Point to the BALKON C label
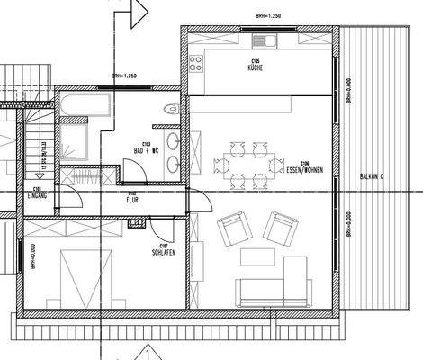click(x=371, y=174)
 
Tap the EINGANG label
click(x=38, y=193)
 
